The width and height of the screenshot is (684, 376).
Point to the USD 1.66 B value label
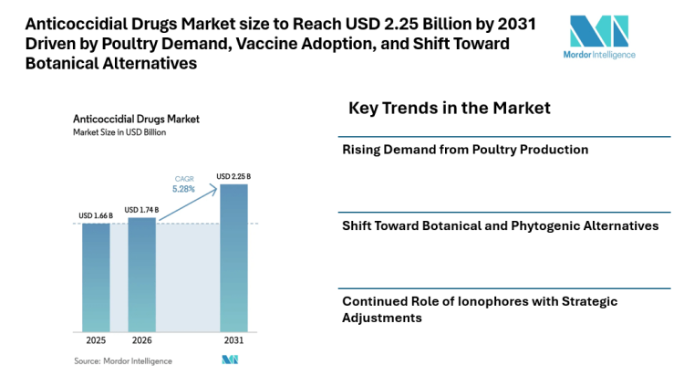point(96,216)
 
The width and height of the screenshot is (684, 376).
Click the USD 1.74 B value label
point(141,209)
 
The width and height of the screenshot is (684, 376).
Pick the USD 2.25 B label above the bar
point(234,176)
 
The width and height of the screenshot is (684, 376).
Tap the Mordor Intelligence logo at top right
point(602,37)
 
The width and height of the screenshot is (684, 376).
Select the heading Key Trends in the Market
point(449,108)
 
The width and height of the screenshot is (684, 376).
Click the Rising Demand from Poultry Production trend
point(464,149)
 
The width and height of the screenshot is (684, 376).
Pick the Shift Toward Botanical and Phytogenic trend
point(500,225)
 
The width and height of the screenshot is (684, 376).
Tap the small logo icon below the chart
point(230,360)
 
